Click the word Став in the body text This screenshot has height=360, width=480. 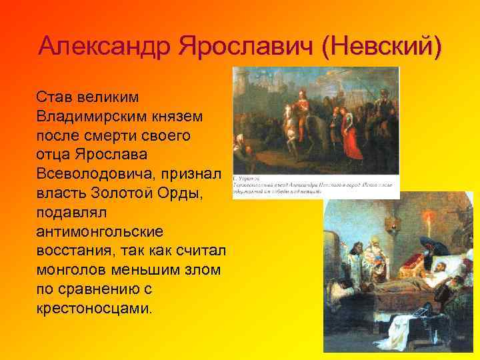coord(57,97)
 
